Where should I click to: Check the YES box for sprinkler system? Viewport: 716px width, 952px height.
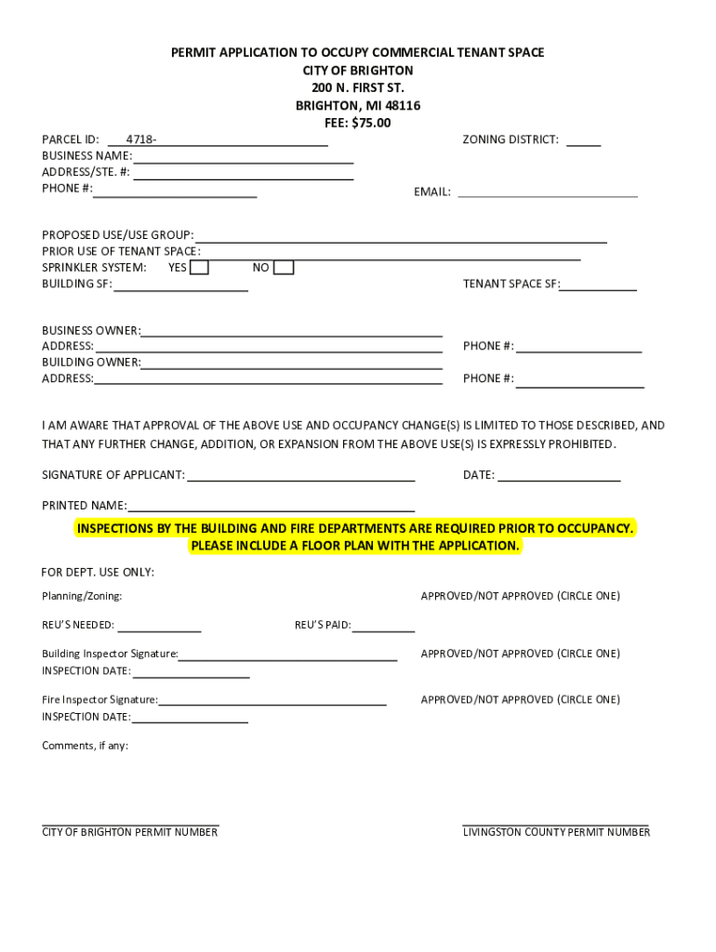199,268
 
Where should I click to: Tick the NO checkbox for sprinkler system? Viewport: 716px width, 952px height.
284,268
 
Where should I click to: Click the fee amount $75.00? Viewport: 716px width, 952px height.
371,123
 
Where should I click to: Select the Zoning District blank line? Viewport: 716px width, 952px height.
583,140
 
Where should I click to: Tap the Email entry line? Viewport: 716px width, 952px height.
548,192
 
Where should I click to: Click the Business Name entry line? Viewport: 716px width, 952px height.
243,157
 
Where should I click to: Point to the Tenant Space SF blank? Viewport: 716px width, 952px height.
598,285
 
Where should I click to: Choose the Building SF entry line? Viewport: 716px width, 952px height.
180,286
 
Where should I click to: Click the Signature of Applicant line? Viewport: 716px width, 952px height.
299,476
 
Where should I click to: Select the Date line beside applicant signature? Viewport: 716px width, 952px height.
558,476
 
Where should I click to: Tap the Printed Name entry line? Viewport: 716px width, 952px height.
271,507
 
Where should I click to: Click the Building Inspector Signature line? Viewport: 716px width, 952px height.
287,655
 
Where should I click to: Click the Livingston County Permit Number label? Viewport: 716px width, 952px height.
556,832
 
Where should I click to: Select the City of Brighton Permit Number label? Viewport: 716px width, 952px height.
129,832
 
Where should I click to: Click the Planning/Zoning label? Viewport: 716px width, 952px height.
82,596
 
